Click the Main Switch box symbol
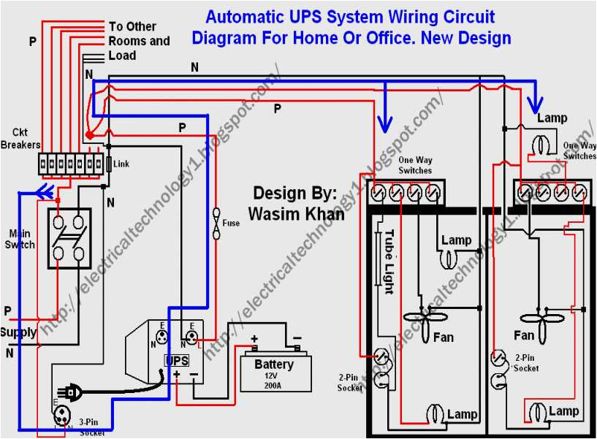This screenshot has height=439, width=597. [x=70, y=238]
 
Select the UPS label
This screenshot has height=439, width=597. [x=178, y=361]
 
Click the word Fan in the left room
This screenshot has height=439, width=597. [x=444, y=337]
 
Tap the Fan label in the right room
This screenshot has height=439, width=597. [x=524, y=335]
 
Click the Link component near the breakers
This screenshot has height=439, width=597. [x=109, y=164]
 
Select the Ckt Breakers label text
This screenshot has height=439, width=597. [x=20, y=139]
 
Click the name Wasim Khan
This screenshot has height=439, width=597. [x=296, y=213]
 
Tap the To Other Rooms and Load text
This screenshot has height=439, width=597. [x=139, y=41]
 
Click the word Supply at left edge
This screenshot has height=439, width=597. [x=18, y=332]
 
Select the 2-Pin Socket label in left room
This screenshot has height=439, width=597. [x=350, y=383]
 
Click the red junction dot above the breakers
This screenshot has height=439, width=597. [x=89, y=136]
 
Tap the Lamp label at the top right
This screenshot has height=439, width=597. [x=552, y=118]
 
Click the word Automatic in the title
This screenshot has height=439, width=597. [x=243, y=17]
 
